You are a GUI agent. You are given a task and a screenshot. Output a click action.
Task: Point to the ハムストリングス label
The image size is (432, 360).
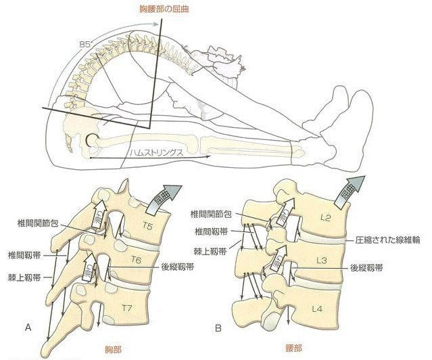[x=158, y=154]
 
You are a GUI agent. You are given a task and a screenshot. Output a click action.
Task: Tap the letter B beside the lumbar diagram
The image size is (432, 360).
[x=218, y=328]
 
